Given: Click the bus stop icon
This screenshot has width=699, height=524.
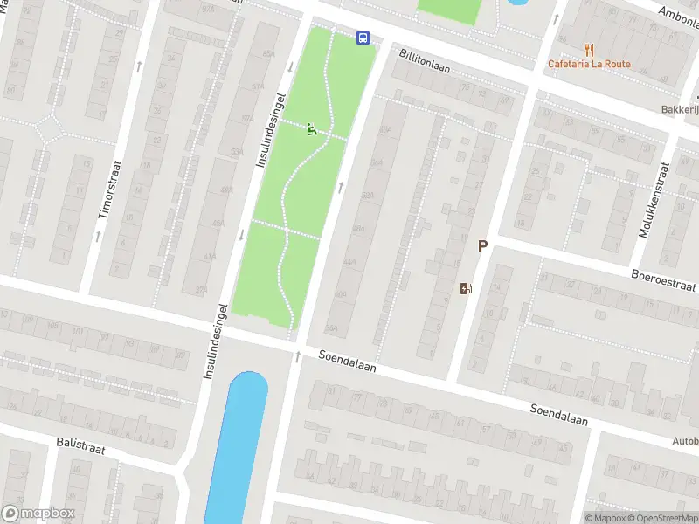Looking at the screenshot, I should tap(363, 37).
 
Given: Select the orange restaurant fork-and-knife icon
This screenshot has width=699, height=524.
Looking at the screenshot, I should tap(590, 49).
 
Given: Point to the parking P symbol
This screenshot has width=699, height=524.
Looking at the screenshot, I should tap(481, 246).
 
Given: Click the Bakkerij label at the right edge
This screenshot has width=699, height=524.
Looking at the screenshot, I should tap(679, 111).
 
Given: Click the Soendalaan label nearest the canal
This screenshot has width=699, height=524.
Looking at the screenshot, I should tap(347, 362).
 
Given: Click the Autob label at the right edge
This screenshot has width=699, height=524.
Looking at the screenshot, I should tap(683, 441).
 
